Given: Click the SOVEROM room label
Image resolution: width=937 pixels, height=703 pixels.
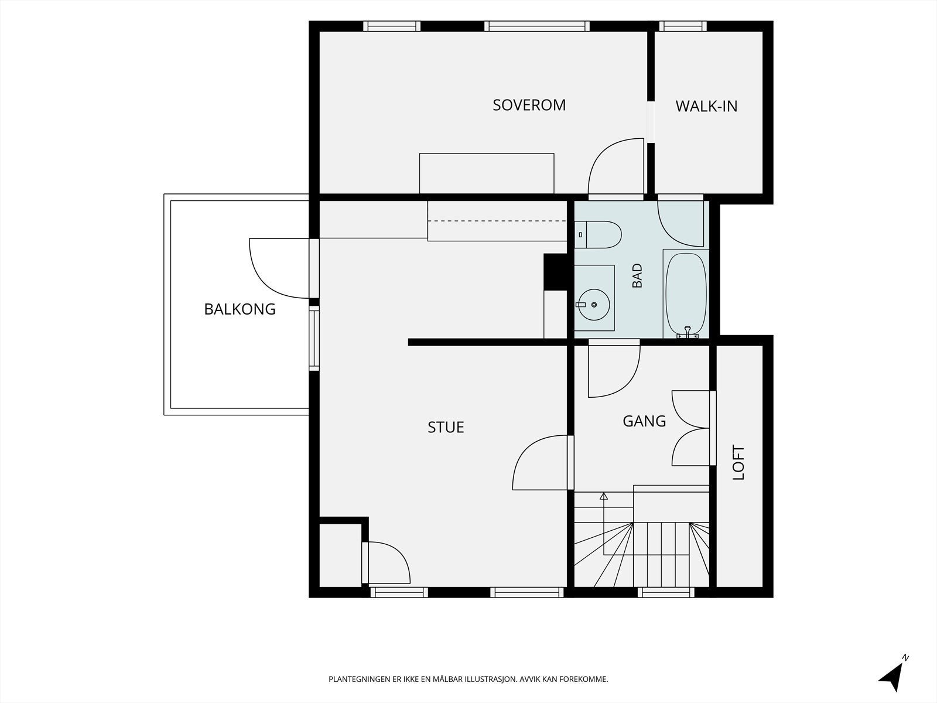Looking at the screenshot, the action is pyautogui.click(x=529, y=105).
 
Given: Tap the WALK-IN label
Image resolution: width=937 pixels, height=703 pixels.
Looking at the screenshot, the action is pyautogui.click(x=706, y=106).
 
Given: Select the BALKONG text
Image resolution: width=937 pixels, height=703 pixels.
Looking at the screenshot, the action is pyautogui.click(x=240, y=309).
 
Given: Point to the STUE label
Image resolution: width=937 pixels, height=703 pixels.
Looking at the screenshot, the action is pyautogui.click(x=446, y=427).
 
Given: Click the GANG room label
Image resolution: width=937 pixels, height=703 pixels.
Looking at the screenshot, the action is pyautogui.click(x=644, y=421).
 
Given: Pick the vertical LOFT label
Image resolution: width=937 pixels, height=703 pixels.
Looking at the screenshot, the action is pyautogui.click(x=738, y=463).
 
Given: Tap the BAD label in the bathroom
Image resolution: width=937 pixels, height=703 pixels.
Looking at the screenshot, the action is pyautogui.click(x=637, y=276).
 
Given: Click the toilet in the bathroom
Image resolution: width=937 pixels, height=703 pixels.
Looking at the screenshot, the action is pyautogui.click(x=598, y=234).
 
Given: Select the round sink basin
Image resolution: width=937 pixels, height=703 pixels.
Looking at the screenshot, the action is pyautogui.click(x=594, y=304).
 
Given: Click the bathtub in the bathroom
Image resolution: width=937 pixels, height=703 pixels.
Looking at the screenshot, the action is pyautogui.click(x=686, y=294).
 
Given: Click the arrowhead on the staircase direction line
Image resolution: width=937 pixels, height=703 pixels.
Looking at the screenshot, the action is pyautogui.click(x=604, y=496).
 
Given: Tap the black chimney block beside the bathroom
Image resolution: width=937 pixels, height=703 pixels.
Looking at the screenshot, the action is pyautogui.click(x=555, y=272).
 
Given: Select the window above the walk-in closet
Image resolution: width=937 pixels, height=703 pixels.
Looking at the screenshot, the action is pyautogui.click(x=683, y=26).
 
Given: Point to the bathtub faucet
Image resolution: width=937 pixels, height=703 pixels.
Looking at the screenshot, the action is pyautogui.click(x=688, y=332).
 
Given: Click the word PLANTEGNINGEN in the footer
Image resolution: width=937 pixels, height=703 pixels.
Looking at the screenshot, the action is pyautogui.click(x=359, y=679).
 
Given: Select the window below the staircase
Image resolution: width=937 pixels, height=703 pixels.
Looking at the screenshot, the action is pyautogui.click(x=666, y=592).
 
